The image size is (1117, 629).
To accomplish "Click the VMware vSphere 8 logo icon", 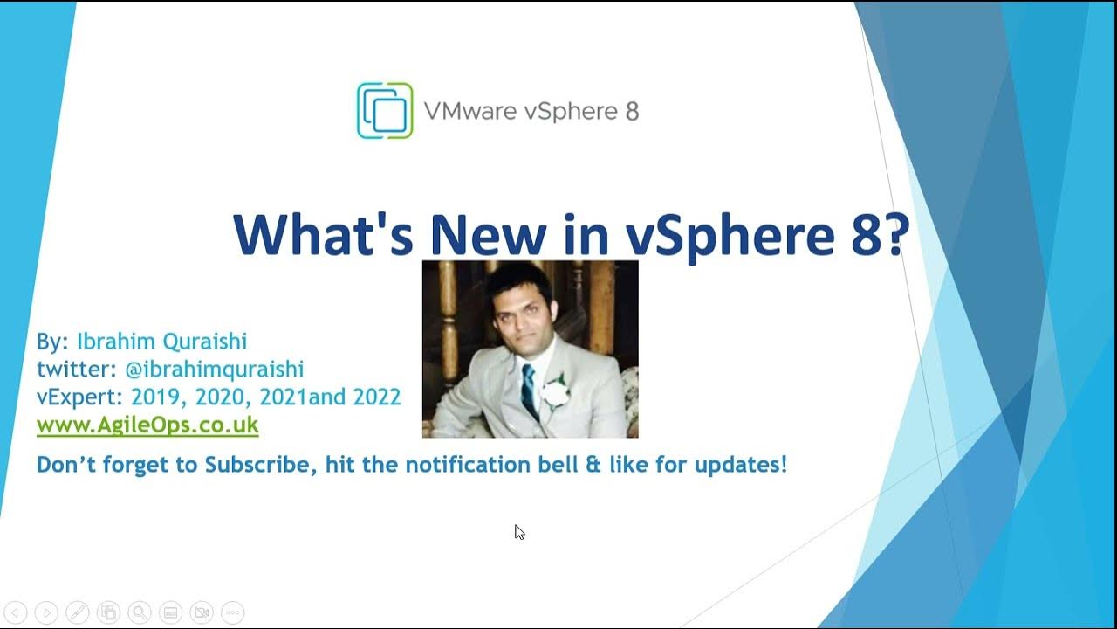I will [x=385, y=110].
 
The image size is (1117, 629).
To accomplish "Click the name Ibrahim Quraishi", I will [x=162, y=341].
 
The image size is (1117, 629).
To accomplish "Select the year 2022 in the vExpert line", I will [x=376, y=397].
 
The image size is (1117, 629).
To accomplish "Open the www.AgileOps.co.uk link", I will [x=147, y=425].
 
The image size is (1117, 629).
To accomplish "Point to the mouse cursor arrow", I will [x=518, y=531].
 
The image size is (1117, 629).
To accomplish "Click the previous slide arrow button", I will [x=16, y=612].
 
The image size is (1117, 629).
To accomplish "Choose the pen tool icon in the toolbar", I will [x=77, y=612].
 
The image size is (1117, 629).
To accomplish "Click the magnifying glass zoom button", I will [x=139, y=612].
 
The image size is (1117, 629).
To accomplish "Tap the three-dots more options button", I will [x=232, y=612].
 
